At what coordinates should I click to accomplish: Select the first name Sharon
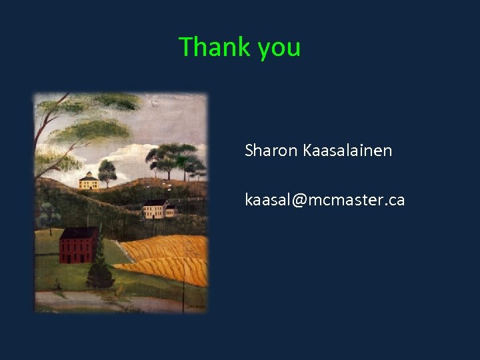[271, 151]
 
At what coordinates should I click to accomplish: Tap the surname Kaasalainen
[347, 151]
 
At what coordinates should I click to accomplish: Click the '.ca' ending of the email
[393, 200]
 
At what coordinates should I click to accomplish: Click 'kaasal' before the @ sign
[267, 200]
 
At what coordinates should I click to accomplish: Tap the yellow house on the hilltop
[89, 182]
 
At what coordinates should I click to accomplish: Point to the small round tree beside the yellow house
[107, 171]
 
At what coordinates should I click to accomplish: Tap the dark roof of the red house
[79, 233]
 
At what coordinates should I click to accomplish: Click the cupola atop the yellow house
[88, 174]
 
